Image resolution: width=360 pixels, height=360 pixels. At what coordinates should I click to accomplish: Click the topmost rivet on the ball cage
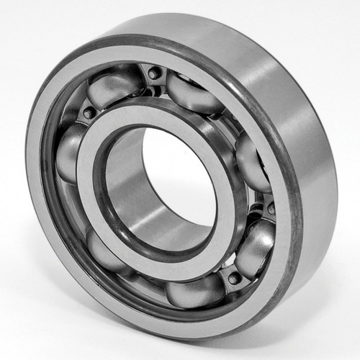coord(153,72)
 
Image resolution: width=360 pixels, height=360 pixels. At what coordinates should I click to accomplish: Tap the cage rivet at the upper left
coord(88,113)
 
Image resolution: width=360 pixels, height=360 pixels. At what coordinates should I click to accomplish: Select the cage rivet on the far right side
coord(271,208)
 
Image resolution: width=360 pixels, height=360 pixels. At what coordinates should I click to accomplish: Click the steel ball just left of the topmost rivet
coord(115,86)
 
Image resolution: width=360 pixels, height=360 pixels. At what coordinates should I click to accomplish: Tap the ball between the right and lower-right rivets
coord(256,245)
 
